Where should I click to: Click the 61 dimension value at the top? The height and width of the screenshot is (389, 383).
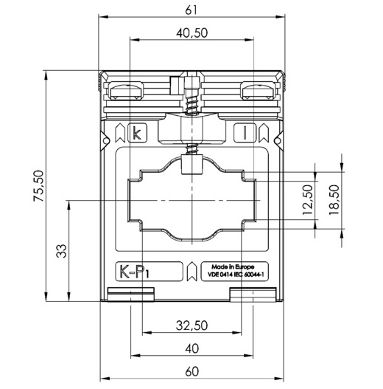pyautogui.click(x=191, y=10)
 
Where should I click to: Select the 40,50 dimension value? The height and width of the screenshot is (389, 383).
pyautogui.click(x=192, y=33)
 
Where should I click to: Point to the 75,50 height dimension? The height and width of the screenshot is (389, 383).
pyautogui.click(x=39, y=185)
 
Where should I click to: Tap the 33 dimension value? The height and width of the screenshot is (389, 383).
pyautogui.click(x=61, y=251)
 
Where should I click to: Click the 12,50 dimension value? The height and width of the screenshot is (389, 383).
pyautogui.click(x=307, y=200)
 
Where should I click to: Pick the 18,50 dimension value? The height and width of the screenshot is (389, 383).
pyautogui.click(x=334, y=200)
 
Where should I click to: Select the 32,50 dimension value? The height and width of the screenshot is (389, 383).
pyautogui.click(x=192, y=326)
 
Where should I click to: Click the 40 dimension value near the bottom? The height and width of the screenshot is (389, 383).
pyautogui.click(x=192, y=348)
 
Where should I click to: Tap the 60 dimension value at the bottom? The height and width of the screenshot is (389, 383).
pyautogui.click(x=192, y=371)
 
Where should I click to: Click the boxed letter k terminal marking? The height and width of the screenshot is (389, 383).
pyautogui.click(x=138, y=133)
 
